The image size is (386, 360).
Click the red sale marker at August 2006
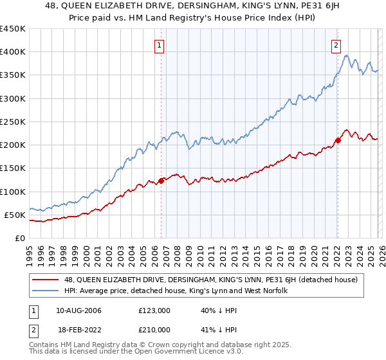(161, 181)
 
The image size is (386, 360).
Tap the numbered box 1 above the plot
(159, 45)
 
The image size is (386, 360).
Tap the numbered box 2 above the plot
(336, 45)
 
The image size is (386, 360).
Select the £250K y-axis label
(12, 122)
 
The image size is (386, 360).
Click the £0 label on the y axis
(19, 238)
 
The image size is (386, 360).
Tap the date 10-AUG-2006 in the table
(78, 310)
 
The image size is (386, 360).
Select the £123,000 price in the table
(154, 310)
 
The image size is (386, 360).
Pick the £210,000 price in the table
(154, 330)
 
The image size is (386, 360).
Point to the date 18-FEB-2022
(78, 330)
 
